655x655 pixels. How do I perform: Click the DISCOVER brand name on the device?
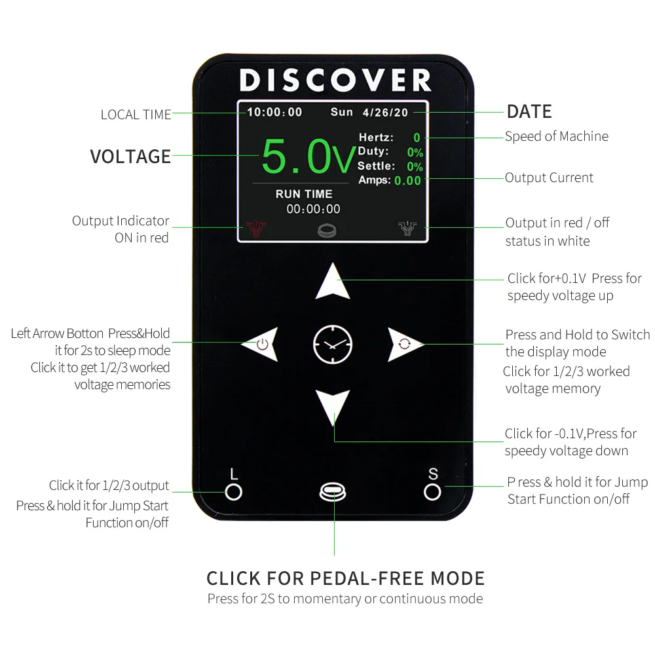(x=335, y=80)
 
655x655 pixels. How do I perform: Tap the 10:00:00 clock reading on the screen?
(x=274, y=112)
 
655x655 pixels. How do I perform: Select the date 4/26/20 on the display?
(x=385, y=112)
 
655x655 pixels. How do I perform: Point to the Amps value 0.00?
(x=407, y=180)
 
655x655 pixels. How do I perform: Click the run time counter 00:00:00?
(x=313, y=209)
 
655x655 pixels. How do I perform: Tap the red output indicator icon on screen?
(x=256, y=229)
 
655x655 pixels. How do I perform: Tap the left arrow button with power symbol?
(x=260, y=344)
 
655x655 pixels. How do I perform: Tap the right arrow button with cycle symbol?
(x=404, y=344)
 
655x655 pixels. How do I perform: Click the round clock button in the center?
(x=333, y=344)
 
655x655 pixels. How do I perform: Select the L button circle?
(x=234, y=491)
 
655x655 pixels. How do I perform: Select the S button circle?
(x=432, y=491)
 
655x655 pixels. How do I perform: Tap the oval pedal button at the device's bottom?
(x=333, y=492)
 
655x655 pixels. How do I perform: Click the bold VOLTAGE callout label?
(x=130, y=157)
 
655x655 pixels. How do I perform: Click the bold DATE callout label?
(x=529, y=111)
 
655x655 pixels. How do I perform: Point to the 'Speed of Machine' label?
(x=556, y=136)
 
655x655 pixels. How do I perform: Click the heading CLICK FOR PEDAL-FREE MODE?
(x=345, y=578)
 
